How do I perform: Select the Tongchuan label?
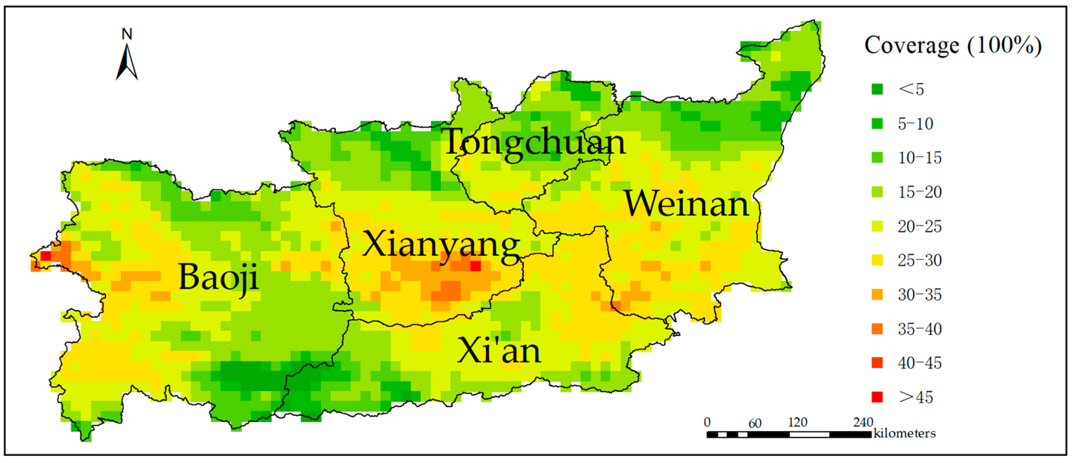tap(534, 143)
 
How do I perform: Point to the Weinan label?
tap(686, 204)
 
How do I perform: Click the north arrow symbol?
tap(127, 62)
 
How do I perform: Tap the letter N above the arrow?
tap(127, 34)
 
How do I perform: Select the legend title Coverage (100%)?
tap(953, 45)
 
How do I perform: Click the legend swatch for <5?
tap(877, 89)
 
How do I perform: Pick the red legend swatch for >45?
tap(877, 397)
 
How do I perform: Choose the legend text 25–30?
tap(919, 260)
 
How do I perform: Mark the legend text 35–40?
tap(919, 329)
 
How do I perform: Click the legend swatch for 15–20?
tap(877, 192)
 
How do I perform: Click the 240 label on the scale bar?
tap(863, 422)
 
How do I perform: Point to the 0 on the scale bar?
tap(707, 422)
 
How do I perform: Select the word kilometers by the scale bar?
tap(904, 433)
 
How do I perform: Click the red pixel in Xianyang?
tap(475, 265)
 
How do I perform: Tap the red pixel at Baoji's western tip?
tap(45, 256)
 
